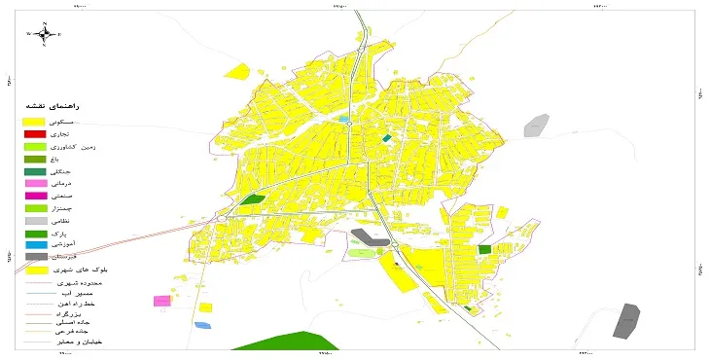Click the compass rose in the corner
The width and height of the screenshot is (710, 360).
pos(45,34)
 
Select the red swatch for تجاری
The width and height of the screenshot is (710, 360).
pos(35,133)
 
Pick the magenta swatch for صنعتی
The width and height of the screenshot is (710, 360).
pos(35,196)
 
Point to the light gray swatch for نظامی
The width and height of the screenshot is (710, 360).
pos(35,220)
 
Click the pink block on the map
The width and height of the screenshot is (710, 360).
pos(161,301)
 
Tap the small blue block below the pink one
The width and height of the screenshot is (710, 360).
pos(201,324)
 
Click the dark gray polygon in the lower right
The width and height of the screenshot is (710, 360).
pos(627,321)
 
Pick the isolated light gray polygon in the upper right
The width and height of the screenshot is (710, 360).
pos(535,125)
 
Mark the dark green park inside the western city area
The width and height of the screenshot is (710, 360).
pos(253,199)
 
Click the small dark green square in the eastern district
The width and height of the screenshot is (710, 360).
pos(484,250)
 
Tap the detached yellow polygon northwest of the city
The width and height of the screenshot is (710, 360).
pos(236,70)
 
